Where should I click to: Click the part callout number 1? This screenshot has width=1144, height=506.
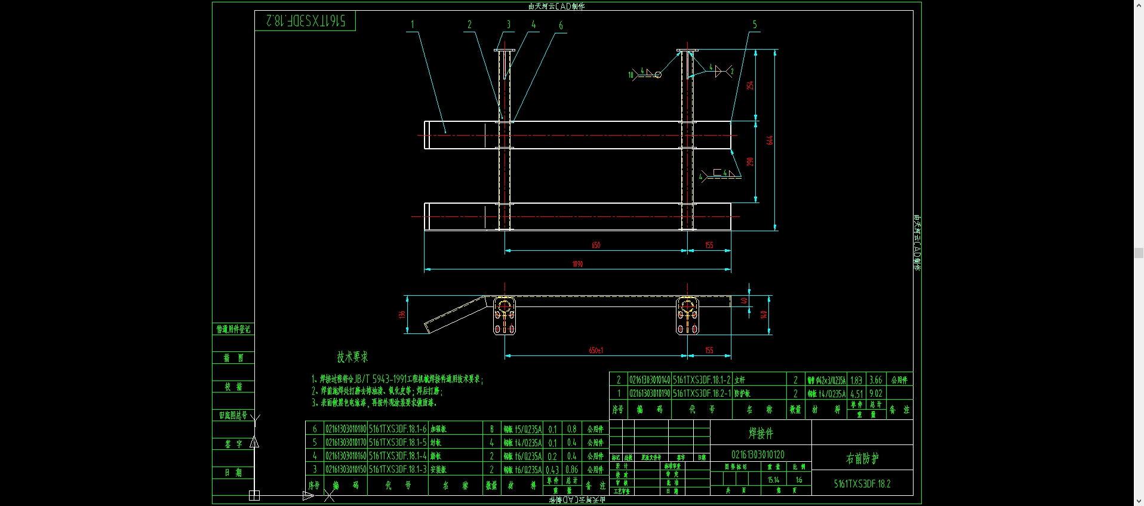click(412, 24)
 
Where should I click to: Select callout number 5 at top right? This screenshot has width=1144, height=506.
click(754, 24)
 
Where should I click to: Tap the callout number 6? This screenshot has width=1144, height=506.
click(560, 25)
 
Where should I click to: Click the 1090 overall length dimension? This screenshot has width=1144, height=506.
click(577, 264)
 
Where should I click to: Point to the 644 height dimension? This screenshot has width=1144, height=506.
click(770, 140)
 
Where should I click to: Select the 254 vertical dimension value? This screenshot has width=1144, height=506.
click(750, 85)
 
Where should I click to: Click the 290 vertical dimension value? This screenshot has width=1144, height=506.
click(750, 162)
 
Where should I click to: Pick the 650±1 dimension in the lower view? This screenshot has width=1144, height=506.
click(596, 350)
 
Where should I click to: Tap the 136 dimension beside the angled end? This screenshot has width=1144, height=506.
click(402, 314)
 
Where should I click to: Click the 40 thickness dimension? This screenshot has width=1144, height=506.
click(744, 300)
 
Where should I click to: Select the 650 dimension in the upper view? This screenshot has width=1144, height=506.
click(596, 245)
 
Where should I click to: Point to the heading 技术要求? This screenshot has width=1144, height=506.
click(352, 357)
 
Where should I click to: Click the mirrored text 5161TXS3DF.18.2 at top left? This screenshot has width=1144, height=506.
click(305, 21)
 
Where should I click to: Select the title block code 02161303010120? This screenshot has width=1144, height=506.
click(758, 455)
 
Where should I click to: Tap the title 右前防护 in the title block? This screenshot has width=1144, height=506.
click(862, 458)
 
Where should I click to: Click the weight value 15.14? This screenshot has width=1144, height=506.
click(773, 480)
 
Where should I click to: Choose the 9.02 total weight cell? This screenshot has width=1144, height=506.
click(875, 394)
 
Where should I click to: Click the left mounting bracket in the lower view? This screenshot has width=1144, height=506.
click(505, 315)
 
